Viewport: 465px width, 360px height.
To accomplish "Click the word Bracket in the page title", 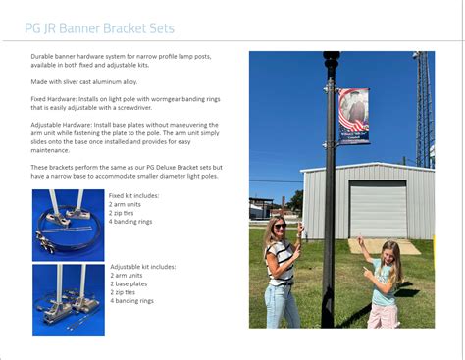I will [x=110, y=27].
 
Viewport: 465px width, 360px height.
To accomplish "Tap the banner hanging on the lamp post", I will [x=353, y=116].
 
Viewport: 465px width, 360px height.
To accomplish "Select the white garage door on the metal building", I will [x=378, y=209].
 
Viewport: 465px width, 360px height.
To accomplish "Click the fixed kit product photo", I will [x=68, y=225].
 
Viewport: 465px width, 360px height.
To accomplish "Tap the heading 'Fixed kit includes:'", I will [x=133, y=196].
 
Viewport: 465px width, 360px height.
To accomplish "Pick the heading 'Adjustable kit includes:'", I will [x=143, y=266].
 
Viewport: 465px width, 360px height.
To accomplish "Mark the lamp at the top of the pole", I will [x=331, y=60].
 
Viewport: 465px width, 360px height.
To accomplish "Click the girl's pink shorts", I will [x=384, y=314].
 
